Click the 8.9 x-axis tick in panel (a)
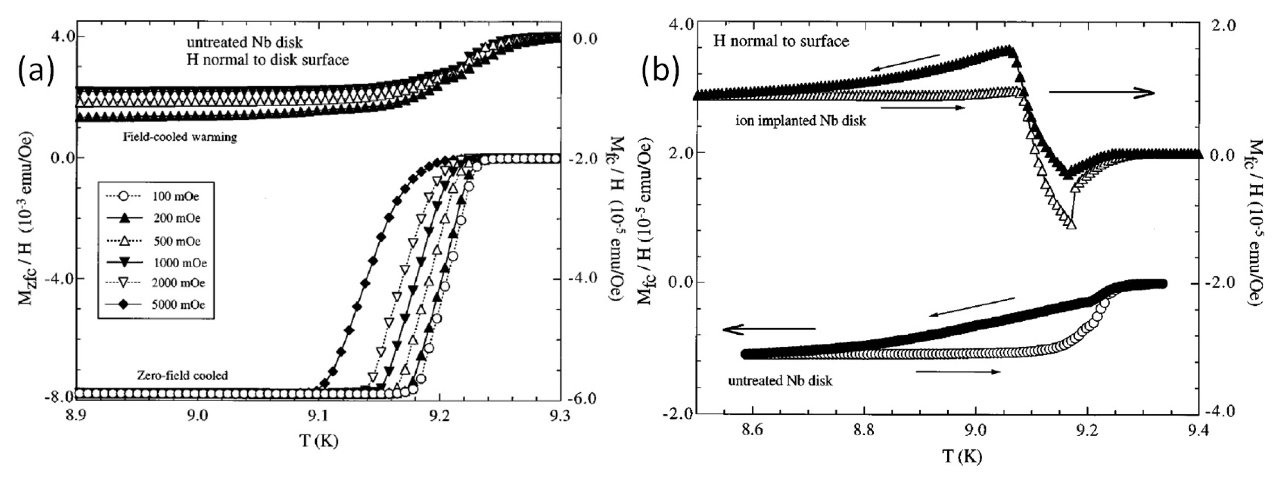tap(77, 416)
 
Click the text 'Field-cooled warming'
tap(180, 137)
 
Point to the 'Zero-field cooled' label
tap(182, 375)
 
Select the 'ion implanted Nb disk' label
tap(800, 121)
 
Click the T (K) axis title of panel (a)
tap(318, 440)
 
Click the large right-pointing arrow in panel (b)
tap(1101, 92)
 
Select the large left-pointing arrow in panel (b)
tap(769, 329)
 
